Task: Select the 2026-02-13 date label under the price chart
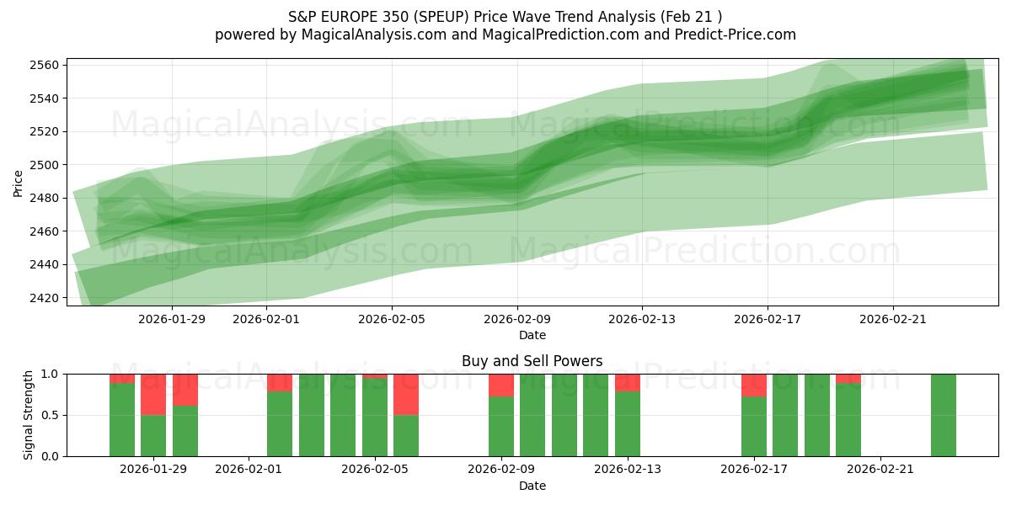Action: tap(642, 319)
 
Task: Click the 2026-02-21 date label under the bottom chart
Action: tap(880, 470)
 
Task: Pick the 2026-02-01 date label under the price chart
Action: tap(266, 319)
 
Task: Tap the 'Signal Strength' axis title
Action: tap(29, 414)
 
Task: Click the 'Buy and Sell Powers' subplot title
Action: tap(532, 361)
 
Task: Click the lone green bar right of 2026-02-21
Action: tap(943, 415)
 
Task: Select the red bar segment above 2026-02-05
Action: tap(406, 394)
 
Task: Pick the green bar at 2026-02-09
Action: tap(501, 427)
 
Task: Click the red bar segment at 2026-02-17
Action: tap(754, 385)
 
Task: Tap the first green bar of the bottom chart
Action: tap(122, 419)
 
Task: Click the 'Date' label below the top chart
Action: tap(532, 335)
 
